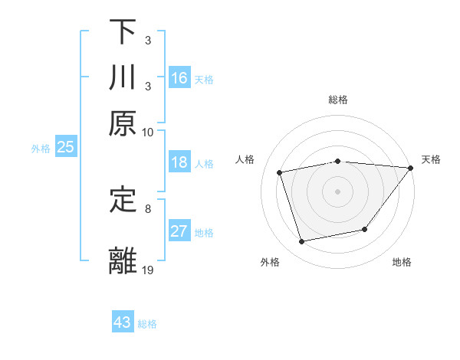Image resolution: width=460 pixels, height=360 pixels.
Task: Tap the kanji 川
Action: pyautogui.click(x=123, y=77)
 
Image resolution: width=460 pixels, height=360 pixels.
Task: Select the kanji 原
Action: pyautogui.click(x=123, y=123)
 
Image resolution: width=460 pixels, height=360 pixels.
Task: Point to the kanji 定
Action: pyautogui.click(x=123, y=200)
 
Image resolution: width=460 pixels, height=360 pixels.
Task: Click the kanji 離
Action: pyautogui.click(x=123, y=261)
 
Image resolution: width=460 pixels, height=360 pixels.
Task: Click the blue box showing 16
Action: pyautogui.click(x=179, y=78)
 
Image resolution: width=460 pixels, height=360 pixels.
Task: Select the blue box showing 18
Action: pyautogui.click(x=179, y=162)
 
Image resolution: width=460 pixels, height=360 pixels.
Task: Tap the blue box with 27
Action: pyautogui.click(x=179, y=231)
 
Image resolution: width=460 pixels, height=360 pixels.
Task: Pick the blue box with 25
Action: pyautogui.click(x=65, y=147)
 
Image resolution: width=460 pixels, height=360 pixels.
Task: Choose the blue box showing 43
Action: pyautogui.click(x=123, y=322)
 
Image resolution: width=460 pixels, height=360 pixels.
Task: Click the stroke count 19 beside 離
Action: pyautogui.click(x=148, y=270)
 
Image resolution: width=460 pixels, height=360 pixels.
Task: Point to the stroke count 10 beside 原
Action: pyautogui.click(x=148, y=132)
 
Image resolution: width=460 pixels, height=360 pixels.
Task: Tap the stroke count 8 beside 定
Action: pyautogui.click(x=148, y=208)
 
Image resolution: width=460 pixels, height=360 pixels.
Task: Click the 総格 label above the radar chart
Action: pyautogui.click(x=338, y=100)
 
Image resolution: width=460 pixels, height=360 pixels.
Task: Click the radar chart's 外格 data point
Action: pyautogui.click(x=302, y=242)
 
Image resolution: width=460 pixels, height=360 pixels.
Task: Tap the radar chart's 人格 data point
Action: pyautogui.click(x=280, y=172)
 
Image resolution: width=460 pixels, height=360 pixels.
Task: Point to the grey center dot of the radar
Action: pyautogui.click(x=338, y=191)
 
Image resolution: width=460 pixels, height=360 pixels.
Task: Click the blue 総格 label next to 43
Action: pyautogui.click(x=147, y=324)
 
